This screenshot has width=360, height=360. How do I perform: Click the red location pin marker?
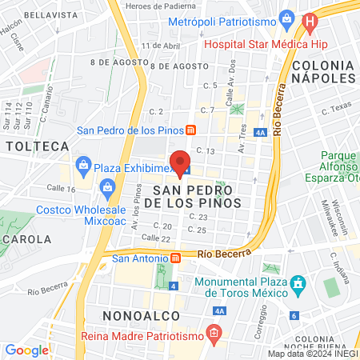(x=180, y=160)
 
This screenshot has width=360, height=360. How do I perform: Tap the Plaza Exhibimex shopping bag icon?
(x=83, y=166)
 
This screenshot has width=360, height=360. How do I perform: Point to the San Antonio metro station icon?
(x=175, y=258)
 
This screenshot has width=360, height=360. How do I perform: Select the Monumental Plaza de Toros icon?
(x=299, y=283)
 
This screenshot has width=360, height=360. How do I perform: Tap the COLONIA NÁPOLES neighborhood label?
(x=323, y=70)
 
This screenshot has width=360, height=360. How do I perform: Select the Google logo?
(x=26, y=350)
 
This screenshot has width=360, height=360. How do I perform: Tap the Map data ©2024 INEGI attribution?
(x=313, y=354)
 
